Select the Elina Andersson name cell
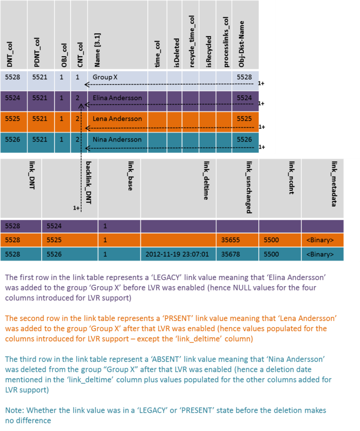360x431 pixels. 117,98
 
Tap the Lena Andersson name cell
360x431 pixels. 117,119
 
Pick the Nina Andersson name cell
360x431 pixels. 117,139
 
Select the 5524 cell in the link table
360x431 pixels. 55,226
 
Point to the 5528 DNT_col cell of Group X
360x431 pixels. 13,77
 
